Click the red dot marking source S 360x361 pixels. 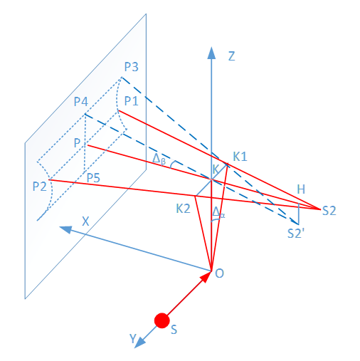pos(162,320)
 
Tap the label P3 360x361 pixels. pos(132,67)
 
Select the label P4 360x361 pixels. pos(81,102)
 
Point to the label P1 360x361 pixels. pos(132,101)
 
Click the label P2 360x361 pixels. pos(39,187)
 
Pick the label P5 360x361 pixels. pos(93,178)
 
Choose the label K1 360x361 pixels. pos(240,157)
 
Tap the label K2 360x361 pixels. pos(183,209)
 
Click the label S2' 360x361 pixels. pos(296,234)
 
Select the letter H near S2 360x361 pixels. pos(301,189)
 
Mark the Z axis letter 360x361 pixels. pos(231,56)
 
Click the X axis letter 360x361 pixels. pos(85,221)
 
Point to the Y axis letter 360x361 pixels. pos(133,338)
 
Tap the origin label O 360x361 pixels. pos(219,273)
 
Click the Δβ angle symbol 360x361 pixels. pos(159,159)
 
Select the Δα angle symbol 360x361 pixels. pos(218,212)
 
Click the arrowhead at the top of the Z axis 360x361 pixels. pos(211,53)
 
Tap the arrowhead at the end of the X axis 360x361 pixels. pos(65,229)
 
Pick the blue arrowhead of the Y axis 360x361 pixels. pos(140,342)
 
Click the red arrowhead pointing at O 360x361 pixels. pos(206,277)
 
